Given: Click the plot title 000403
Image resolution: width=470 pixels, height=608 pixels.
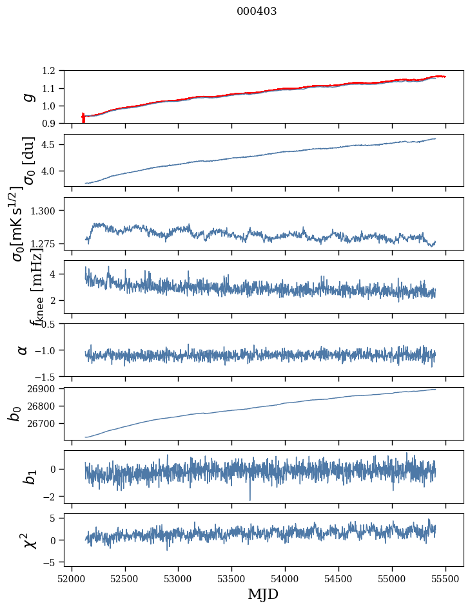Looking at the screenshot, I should tap(257, 12).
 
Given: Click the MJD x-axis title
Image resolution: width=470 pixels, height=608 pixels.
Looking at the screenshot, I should tap(263, 594).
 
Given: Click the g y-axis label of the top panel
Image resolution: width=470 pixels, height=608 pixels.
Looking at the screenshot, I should tap(26, 97).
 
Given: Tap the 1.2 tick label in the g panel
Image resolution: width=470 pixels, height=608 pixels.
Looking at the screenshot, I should tap(53, 71).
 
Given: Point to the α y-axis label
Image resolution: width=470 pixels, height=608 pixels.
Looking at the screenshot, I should tap(23, 350).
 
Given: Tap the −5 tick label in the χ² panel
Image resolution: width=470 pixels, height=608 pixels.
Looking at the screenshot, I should tap(55, 562).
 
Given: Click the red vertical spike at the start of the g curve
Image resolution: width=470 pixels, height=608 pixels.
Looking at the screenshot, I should tap(83, 119).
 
